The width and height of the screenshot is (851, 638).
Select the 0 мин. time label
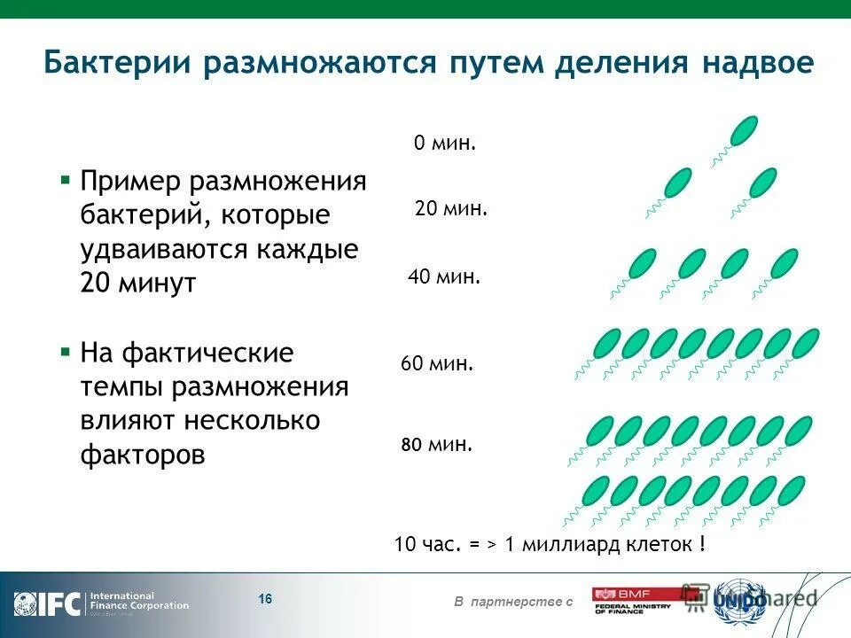(445, 143)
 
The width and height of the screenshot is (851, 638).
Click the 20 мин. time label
(451, 210)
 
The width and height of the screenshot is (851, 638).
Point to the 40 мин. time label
(444, 277)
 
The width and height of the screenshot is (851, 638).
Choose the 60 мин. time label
(437, 363)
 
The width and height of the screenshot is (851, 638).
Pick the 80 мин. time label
(437, 445)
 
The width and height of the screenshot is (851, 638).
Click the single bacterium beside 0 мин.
(743, 130)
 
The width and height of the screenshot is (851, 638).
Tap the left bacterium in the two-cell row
(677, 183)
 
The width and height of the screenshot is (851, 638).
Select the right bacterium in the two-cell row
(762, 183)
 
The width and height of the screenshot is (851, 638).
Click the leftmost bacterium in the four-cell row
(642, 263)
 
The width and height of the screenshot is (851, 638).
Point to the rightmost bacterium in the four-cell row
(784, 263)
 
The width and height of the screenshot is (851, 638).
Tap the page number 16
(265, 600)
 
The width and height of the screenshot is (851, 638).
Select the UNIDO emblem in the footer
(739, 601)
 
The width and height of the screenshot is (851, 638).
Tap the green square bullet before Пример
(65, 180)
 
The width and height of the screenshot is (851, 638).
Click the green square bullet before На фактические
(65, 352)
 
